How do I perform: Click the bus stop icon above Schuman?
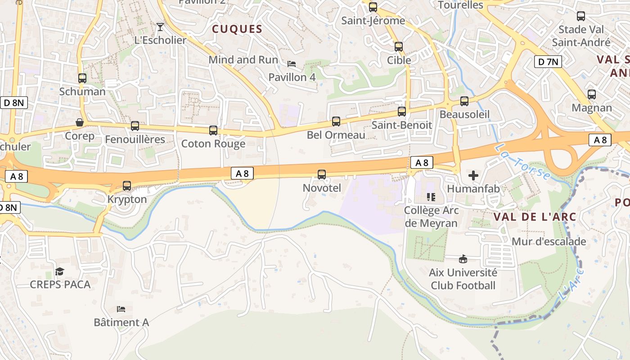pos(82,78)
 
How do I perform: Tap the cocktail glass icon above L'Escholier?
pos(160,27)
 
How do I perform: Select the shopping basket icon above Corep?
pos(80,122)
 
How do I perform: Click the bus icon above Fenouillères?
pos(135,126)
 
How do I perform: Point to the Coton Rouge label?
pos(213,144)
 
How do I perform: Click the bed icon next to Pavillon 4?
pos(292,64)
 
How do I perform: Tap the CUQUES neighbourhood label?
pos(237,29)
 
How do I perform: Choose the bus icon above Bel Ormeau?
pos(336,121)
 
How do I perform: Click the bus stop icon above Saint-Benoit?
pos(401,112)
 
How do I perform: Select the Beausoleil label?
pos(464,114)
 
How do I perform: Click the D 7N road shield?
pos(548,62)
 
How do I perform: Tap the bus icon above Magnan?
pos(591,94)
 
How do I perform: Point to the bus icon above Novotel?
pos(321,175)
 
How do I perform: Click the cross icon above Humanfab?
pos(473,175)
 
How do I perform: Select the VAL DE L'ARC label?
pos(535,216)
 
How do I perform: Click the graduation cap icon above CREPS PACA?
pos(59,271)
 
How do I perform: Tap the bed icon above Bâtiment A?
pos(121,309)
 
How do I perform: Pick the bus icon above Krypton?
pos(127,186)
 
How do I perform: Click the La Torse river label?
pos(522,162)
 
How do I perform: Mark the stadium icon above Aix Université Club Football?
pos(463,259)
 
